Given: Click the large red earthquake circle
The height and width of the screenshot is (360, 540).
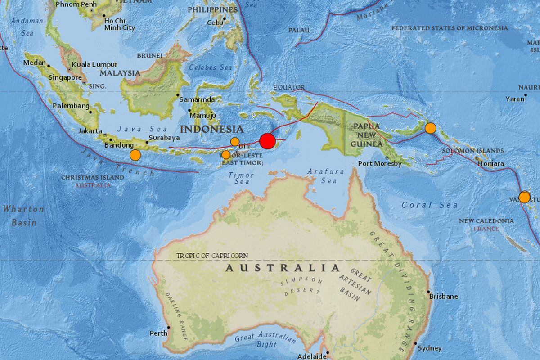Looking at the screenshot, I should tap(267, 141).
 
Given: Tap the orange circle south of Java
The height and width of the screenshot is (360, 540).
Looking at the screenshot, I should tap(135, 155).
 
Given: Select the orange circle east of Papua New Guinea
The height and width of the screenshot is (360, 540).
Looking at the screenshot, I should tap(431, 128).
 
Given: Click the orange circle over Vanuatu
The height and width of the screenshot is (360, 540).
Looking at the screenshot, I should tap(524, 197).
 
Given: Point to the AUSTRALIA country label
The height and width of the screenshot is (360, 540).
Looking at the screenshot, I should tap(283, 268).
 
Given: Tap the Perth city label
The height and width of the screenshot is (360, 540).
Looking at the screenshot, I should tap(158, 333).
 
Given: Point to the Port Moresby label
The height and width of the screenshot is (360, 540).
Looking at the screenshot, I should tap(380, 164).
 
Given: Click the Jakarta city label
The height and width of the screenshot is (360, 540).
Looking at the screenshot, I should tap(90, 131).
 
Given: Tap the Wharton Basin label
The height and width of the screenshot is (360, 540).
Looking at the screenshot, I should tap(24, 216).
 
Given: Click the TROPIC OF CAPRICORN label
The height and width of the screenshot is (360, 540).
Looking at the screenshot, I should tap(212, 256).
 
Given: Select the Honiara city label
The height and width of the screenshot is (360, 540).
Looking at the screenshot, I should tap(491, 164).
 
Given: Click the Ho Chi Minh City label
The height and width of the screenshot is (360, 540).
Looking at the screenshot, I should tap(119, 24).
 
